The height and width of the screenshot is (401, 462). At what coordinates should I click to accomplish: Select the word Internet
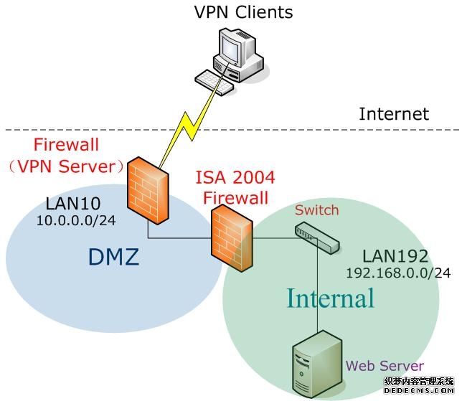click(393, 114)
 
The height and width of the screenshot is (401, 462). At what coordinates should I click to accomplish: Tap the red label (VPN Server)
click(69, 166)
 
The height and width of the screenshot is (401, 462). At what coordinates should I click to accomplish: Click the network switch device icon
click(316, 237)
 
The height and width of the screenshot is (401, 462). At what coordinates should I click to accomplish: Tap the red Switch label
click(316, 210)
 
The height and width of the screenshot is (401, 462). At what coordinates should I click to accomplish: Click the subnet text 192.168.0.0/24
click(398, 273)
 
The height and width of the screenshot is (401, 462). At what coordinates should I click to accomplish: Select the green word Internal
click(331, 298)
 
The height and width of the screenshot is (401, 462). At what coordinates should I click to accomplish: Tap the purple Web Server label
click(385, 366)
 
